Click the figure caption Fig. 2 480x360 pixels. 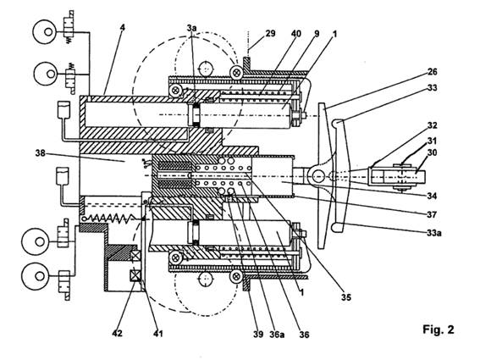click(x=439, y=330)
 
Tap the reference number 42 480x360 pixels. click(x=117, y=333)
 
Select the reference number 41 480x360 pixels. click(x=157, y=333)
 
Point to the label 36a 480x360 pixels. click(x=277, y=335)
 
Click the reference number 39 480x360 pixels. click(x=258, y=334)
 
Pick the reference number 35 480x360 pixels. click(x=346, y=296)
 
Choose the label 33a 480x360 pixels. click(x=434, y=233)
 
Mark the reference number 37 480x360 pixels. click(x=432, y=214)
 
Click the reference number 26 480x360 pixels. click(x=433, y=72)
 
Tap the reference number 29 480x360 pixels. click(x=270, y=33)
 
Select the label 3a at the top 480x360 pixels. click(x=191, y=28)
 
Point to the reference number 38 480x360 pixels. click(x=41, y=152)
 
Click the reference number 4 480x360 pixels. click(x=123, y=28)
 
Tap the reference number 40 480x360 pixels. click(x=296, y=33)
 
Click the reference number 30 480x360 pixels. click(x=432, y=152)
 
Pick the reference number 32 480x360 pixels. click(x=433, y=125)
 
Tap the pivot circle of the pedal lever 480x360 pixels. click(x=318, y=176)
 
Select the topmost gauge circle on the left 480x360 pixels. click(x=45, y=32)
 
